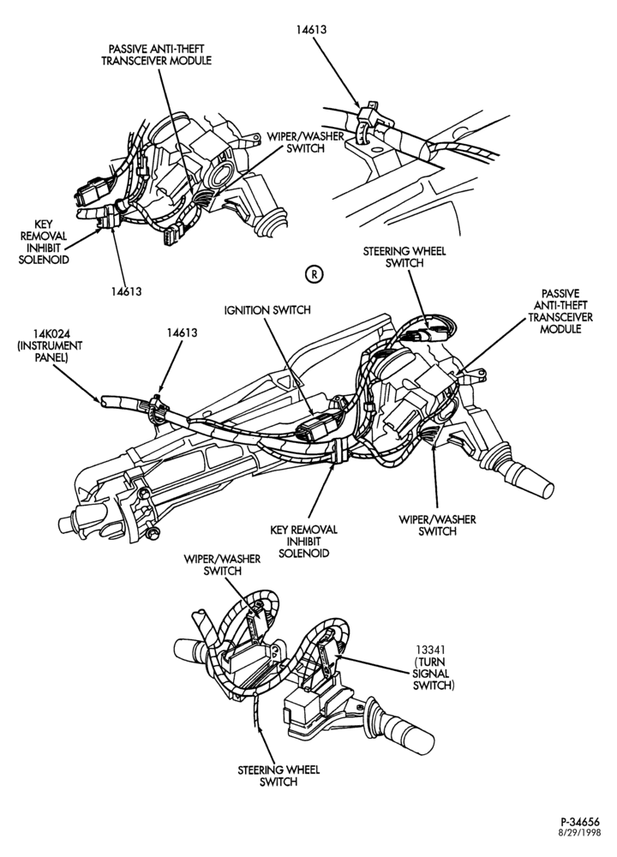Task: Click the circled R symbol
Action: point(314,274)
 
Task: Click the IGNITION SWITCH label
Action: point(267,310)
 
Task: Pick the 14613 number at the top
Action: point(312,29)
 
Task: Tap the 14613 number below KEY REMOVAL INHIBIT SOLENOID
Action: point(126,291)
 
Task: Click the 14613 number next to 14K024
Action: point(182,332)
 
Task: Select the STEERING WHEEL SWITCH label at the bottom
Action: point(279,776)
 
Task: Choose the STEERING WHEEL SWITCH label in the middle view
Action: point(404,257)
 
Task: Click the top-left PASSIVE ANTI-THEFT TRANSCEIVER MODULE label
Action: point(156,54)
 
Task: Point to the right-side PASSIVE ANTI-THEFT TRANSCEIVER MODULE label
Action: point(560,312)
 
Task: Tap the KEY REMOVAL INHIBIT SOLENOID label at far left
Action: point(44,242)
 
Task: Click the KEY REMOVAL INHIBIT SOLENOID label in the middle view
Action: point(304,541)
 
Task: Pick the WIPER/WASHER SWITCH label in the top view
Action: point(305,142)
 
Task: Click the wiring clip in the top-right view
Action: point(368,122)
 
